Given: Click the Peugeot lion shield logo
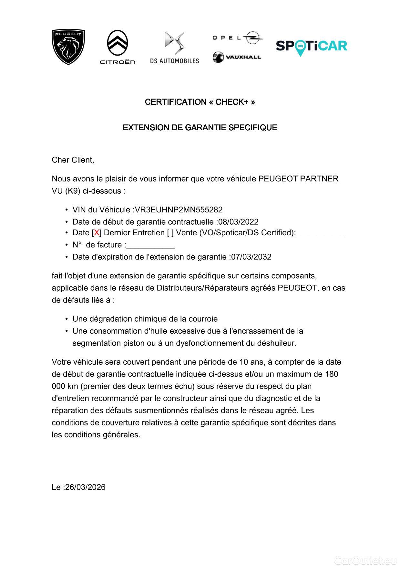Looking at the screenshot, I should point(68,47).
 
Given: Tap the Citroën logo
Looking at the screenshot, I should point(118,47).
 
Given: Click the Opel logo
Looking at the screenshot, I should point(237,38).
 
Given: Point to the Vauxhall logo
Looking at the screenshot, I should point(237,57).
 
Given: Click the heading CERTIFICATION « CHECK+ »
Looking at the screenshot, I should point(200,102).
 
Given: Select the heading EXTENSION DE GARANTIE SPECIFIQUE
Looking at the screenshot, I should point(200,127).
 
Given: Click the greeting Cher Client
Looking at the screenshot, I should point(73,160).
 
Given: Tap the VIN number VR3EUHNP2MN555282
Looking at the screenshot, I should point(179,210).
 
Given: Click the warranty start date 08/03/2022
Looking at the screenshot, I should point(238,222).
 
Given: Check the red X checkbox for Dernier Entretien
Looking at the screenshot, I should point(97,233).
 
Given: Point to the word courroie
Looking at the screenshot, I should point(203,319).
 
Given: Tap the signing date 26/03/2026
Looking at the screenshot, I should point(85,487).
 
